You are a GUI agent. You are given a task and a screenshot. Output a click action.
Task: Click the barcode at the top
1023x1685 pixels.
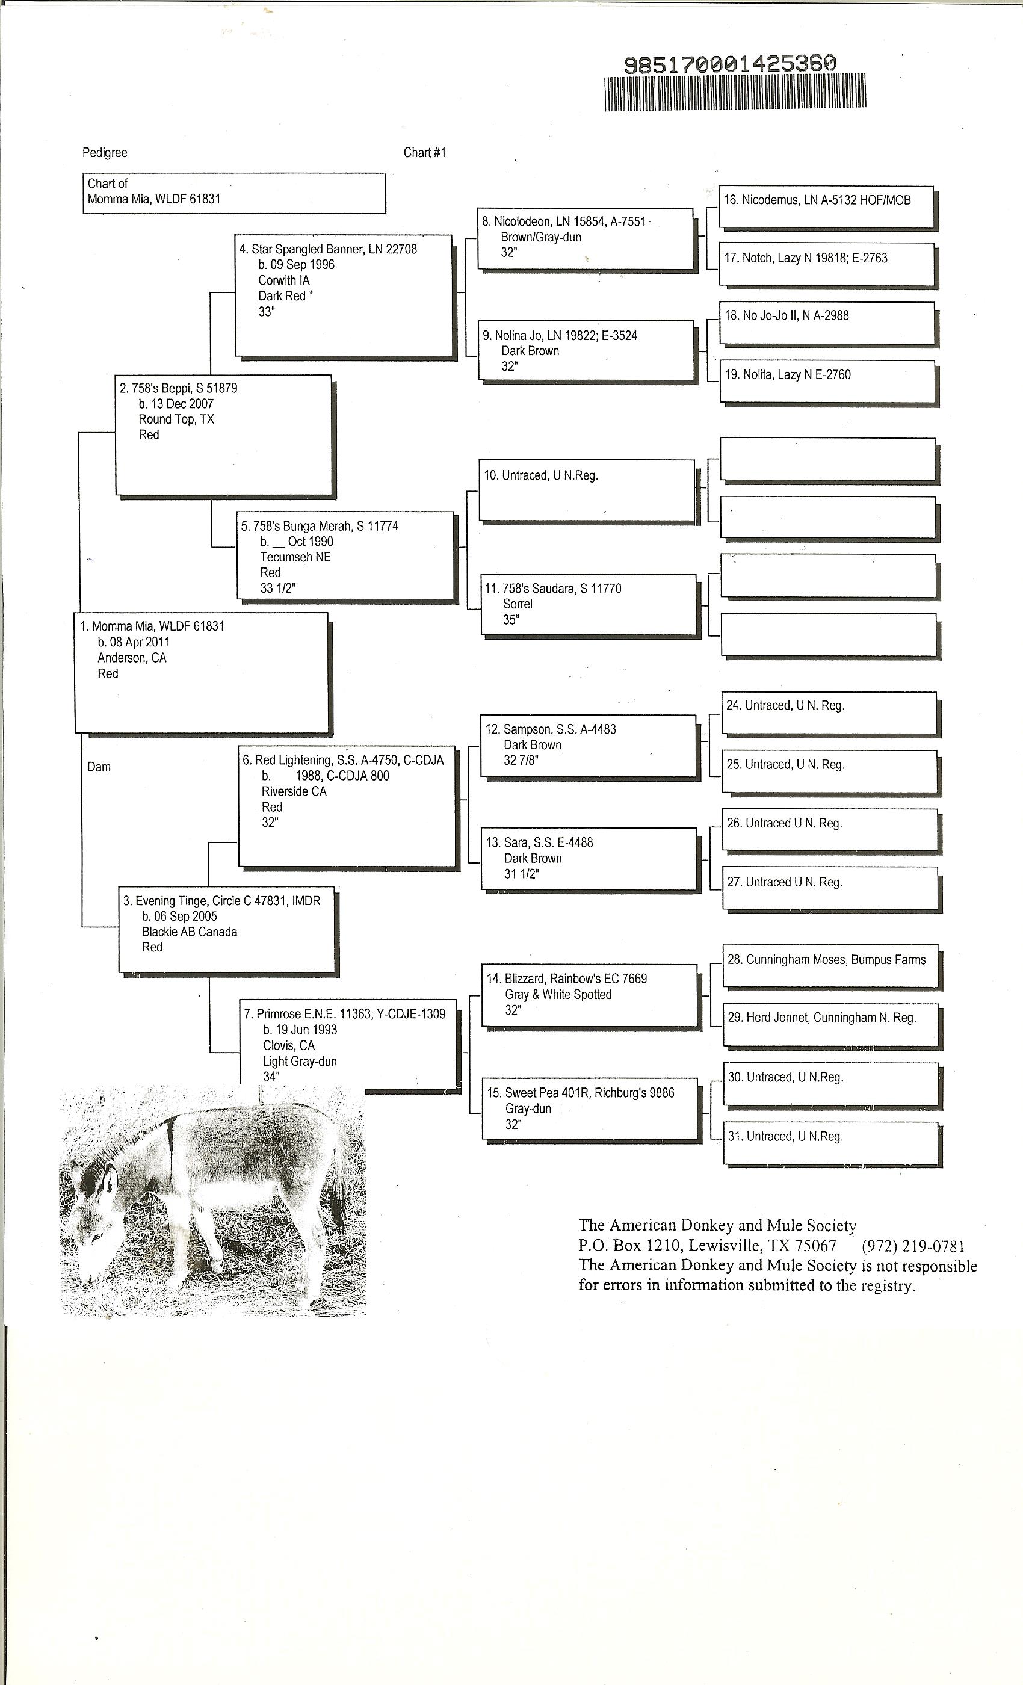coord(735,92)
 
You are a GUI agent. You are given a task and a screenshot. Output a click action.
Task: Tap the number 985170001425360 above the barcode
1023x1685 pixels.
coord(729,64)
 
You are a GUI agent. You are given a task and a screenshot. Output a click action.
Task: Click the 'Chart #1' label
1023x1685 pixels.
coord(424,152)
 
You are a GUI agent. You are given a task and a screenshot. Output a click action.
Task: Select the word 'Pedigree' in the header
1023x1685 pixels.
coord(105,152)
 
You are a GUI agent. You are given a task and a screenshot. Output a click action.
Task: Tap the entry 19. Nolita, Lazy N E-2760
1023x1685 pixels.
coord(787,375)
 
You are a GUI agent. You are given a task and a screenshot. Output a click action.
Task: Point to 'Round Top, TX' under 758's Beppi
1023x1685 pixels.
coord(176,419)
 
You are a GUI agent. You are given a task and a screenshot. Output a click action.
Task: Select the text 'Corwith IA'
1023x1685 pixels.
coord(284,280)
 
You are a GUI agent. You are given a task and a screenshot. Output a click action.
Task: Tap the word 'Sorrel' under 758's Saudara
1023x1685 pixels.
coord(518,604)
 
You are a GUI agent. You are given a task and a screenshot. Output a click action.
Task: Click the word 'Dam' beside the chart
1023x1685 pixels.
coord(99,767)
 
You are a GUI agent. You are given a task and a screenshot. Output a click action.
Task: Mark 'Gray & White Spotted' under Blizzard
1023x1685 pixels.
coord(558,994)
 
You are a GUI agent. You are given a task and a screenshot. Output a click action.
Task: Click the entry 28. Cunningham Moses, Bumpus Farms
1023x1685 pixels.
coord(826,960)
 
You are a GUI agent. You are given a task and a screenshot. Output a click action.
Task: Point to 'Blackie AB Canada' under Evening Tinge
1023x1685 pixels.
coord(190,932)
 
